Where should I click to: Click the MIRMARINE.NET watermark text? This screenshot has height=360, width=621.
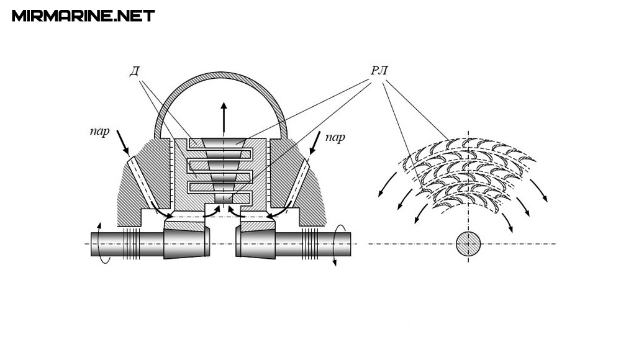(x=83, y=16)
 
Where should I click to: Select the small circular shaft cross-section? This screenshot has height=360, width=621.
(x=468, y=244)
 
